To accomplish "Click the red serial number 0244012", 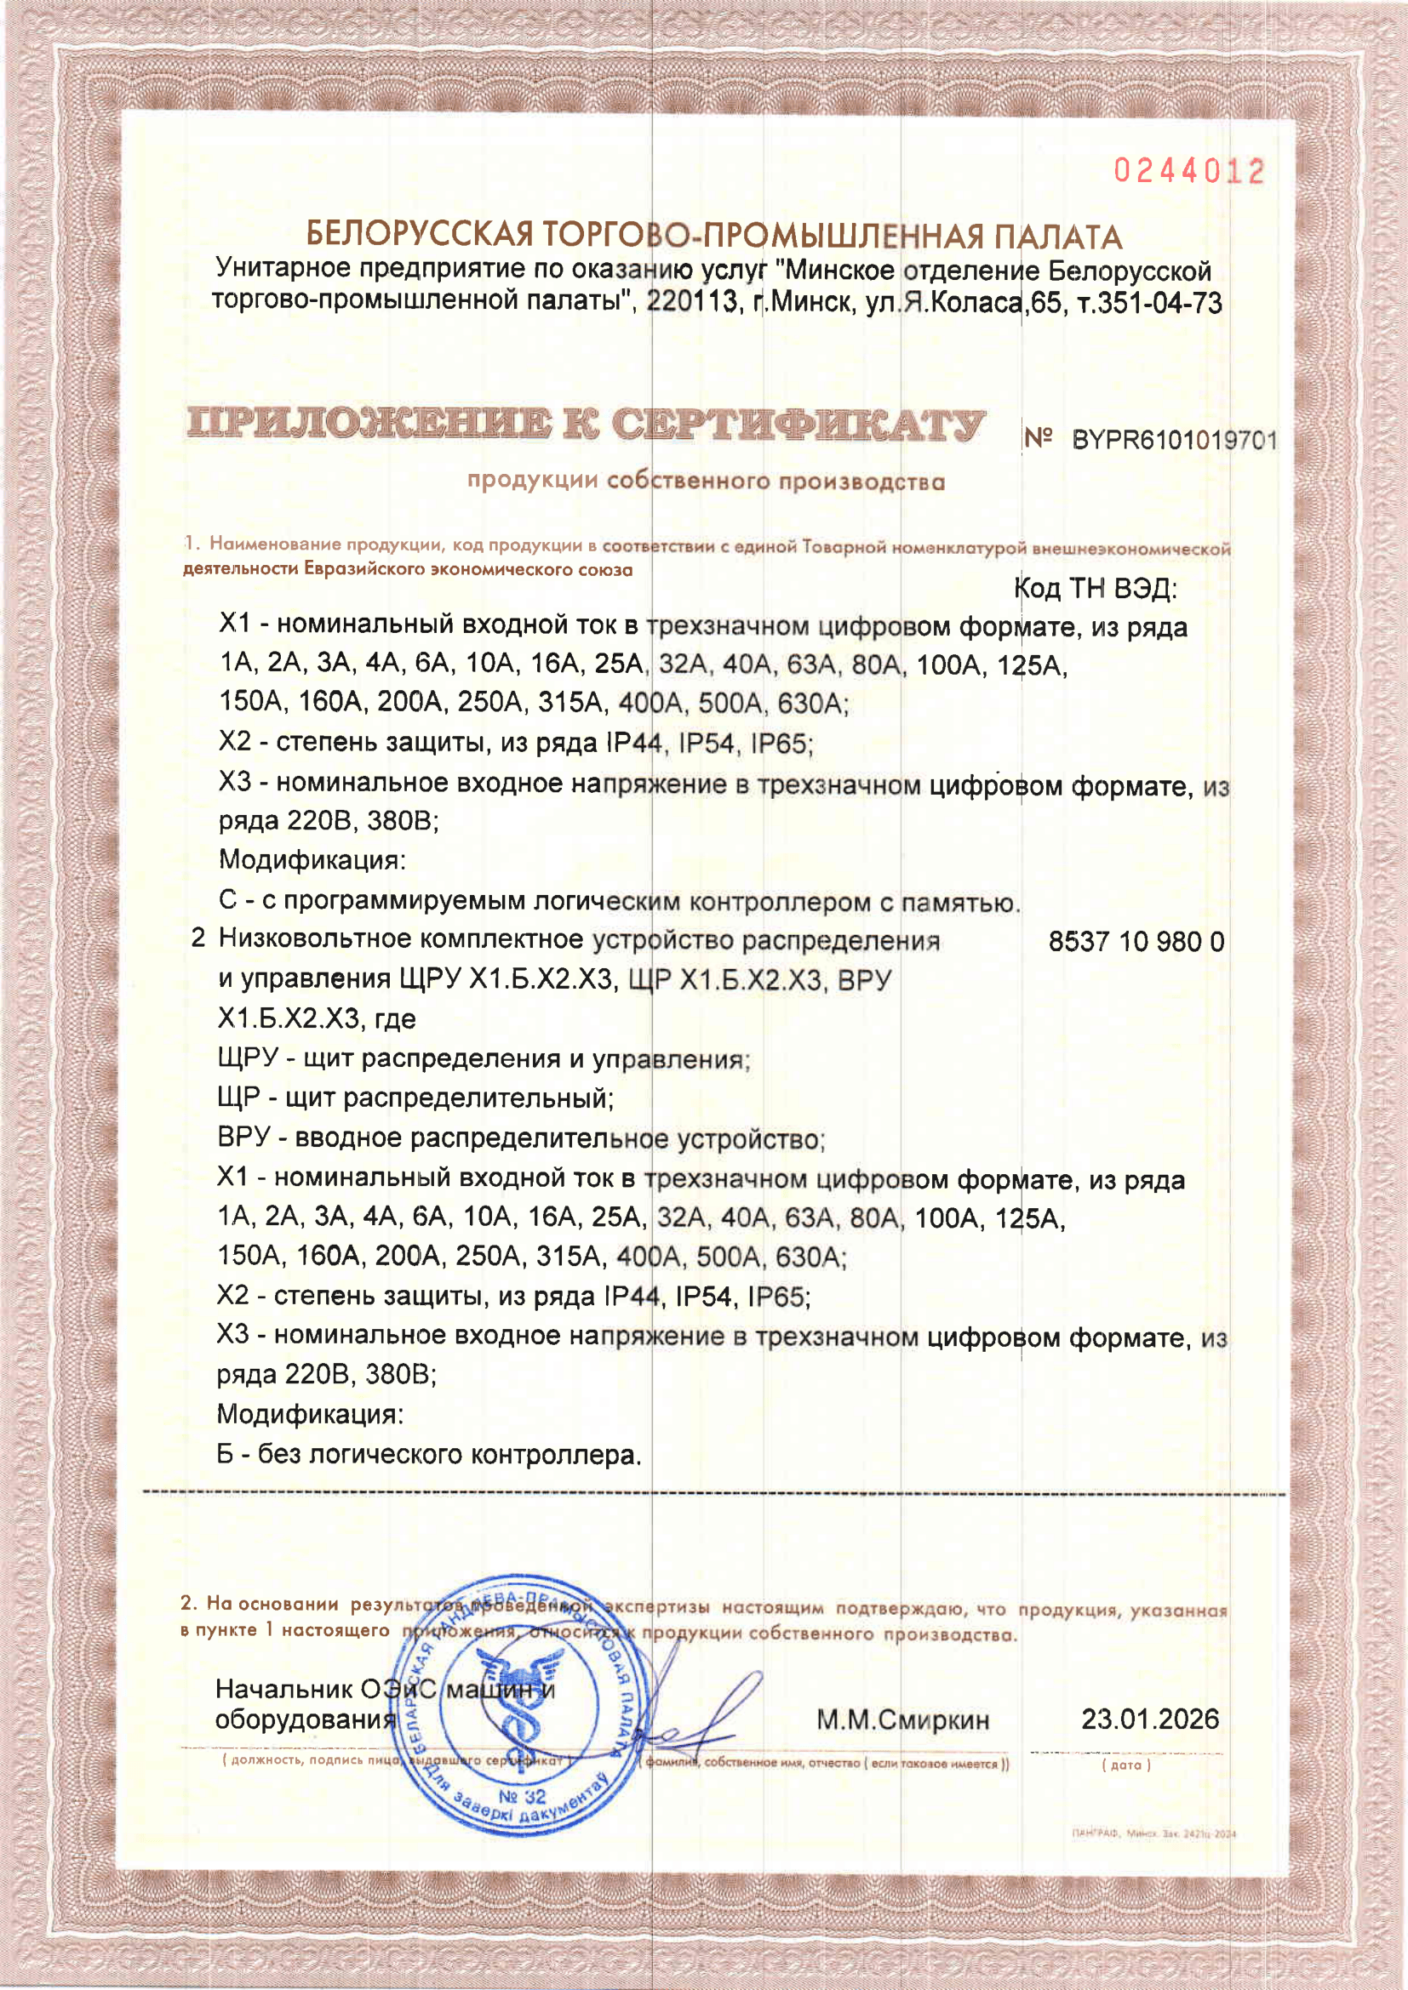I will [1188, 172].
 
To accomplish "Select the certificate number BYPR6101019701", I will [1174, 441].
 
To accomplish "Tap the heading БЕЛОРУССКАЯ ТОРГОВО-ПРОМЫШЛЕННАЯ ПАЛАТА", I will [713, 236].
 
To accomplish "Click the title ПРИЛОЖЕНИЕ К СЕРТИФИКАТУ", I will [585, 425].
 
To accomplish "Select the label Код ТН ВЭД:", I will [1095, 590].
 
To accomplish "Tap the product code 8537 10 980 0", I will [1136, 941].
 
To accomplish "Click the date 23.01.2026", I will [1149, 1719].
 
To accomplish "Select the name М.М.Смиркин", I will [902, 1720].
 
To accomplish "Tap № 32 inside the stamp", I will [523, 1797].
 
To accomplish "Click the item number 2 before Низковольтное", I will [198, 938].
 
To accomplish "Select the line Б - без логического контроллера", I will [429, 1454].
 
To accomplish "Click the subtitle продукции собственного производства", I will [706, 481].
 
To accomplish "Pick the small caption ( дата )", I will [1126, 1765].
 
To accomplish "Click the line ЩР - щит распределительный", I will [415, 1098].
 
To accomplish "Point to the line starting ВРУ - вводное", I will [520, 1138].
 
